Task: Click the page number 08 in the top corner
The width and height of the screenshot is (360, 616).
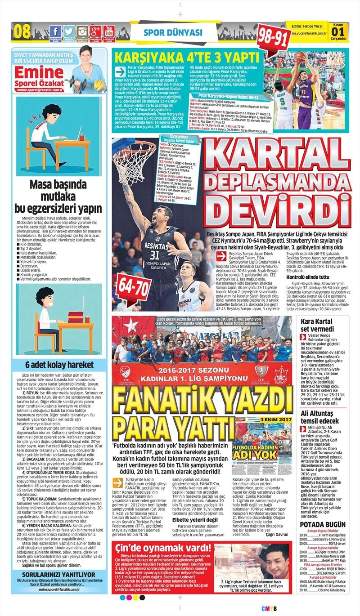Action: [x=22, y=32]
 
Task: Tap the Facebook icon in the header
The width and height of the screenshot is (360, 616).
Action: [x=55, y=31]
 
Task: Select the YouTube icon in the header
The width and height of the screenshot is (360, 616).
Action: [x=108, y=31]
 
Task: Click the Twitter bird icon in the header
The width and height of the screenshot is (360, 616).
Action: [x=68, y=31]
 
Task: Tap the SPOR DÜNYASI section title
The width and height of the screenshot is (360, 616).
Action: [x=173, y=33]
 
